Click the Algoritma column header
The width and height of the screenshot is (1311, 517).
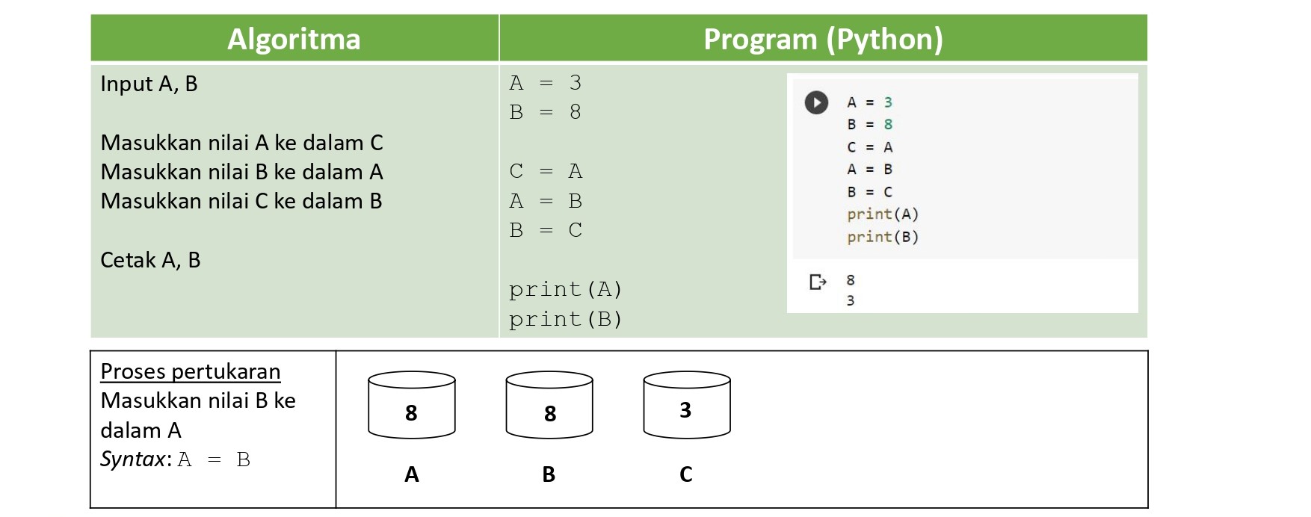[x=294, y=39]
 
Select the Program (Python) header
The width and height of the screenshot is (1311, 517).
[x=823, y=39]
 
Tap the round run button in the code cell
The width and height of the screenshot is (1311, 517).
[x=816, y=102]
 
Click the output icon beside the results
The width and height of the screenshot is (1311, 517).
[x=818, y=282]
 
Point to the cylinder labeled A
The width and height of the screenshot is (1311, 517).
[x=412, y=404]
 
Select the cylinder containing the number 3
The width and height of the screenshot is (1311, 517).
[x=687, y=404]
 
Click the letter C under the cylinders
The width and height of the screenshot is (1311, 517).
[x=686, y=474]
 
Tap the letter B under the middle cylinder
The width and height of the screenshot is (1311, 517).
[x=549, y=474]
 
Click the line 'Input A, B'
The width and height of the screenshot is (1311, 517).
[x=149, y=84]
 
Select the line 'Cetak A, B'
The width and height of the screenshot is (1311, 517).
[x=150, y=260]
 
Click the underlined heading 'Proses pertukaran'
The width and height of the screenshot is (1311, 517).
[x=191, y=371]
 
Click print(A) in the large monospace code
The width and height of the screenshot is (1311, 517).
[x=566, y=289]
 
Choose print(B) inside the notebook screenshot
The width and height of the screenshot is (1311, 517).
[x=883, y=237]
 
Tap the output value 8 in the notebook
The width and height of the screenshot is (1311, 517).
[x=851, y=280]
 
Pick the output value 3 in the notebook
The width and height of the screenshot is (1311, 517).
[x=851, y=300]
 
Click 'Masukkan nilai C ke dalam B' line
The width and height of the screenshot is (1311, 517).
[x=241, y=201]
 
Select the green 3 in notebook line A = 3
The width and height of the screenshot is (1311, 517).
[x=888, y=102]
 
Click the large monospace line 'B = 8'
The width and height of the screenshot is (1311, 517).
[x=546, y=112]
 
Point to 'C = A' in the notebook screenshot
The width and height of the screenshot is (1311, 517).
[x=870, y=147]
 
